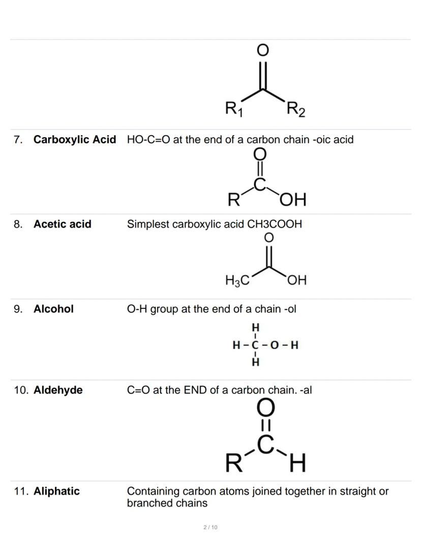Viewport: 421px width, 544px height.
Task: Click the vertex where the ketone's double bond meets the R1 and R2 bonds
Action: click(x=263, y=89)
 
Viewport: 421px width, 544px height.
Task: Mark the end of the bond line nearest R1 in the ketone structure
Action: click(x=242, y=101)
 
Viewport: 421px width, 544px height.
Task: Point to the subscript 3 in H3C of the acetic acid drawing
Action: click(x=237, y=283)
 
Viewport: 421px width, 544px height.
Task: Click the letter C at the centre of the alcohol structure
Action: click(x=255, y=345)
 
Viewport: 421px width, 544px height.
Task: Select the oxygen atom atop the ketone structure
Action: click(x=262, y=50)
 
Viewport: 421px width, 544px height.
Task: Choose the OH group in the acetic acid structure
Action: click(x=297, y=280)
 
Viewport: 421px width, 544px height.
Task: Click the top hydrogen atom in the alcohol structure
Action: click(x=255, y=327)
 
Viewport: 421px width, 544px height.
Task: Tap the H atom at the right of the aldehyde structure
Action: click(x=297, y=463)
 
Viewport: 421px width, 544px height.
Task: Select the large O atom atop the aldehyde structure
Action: click(x=266, y=408)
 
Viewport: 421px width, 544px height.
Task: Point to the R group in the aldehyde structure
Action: click(x=233, y=463)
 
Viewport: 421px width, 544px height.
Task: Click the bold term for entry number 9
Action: click(x=53, y=309)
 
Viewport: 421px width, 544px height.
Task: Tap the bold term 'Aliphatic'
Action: click(x=56, y=491)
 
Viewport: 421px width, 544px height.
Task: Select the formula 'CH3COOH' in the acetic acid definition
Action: click(x=275, y=224)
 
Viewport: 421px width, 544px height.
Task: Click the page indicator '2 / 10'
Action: click(x=211, y=527)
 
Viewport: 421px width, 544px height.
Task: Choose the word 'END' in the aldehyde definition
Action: click(x=196, y=390)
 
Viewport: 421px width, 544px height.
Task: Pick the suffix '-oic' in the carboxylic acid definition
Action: click(x=322, y=140)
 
